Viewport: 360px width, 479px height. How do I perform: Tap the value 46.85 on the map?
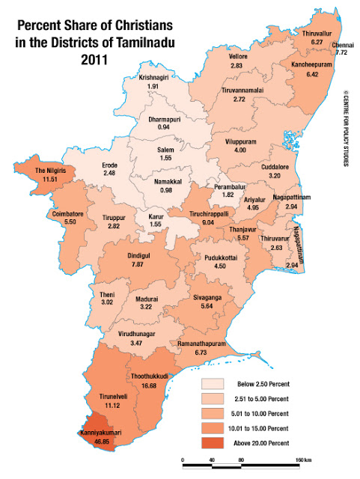point(101,442)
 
